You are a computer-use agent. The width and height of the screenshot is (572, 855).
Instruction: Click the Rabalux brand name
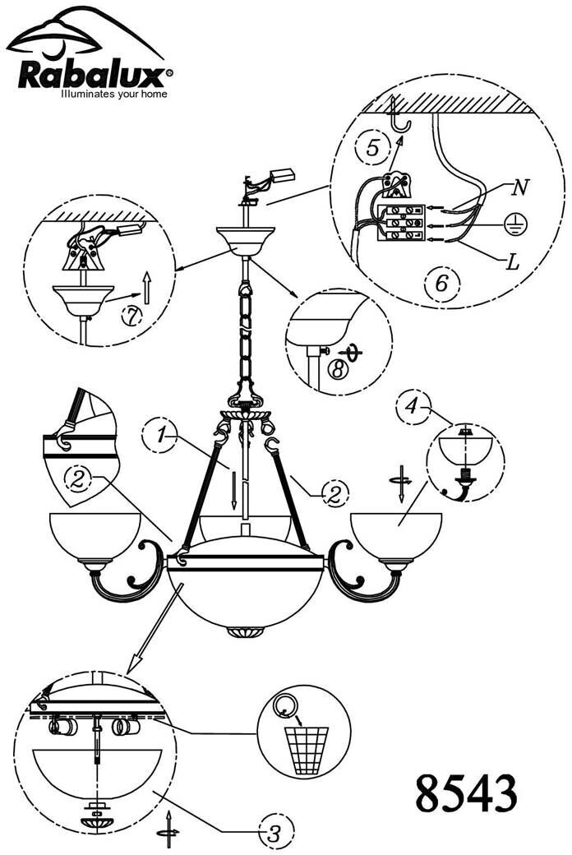pos(90,76)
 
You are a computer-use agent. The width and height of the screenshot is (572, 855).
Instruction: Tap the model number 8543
pos(466,794)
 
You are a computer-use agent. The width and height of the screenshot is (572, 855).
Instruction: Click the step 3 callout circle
pos(273,830)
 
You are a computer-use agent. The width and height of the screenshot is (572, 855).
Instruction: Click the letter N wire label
pos(518,187)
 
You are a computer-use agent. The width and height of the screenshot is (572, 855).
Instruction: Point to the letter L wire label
pos(512,263)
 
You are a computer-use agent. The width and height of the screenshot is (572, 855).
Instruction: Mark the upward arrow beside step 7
pos(145,289)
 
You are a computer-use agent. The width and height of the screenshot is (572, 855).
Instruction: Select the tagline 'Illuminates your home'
pos(114,95)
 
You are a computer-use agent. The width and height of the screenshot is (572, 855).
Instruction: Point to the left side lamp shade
pos(95,534)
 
